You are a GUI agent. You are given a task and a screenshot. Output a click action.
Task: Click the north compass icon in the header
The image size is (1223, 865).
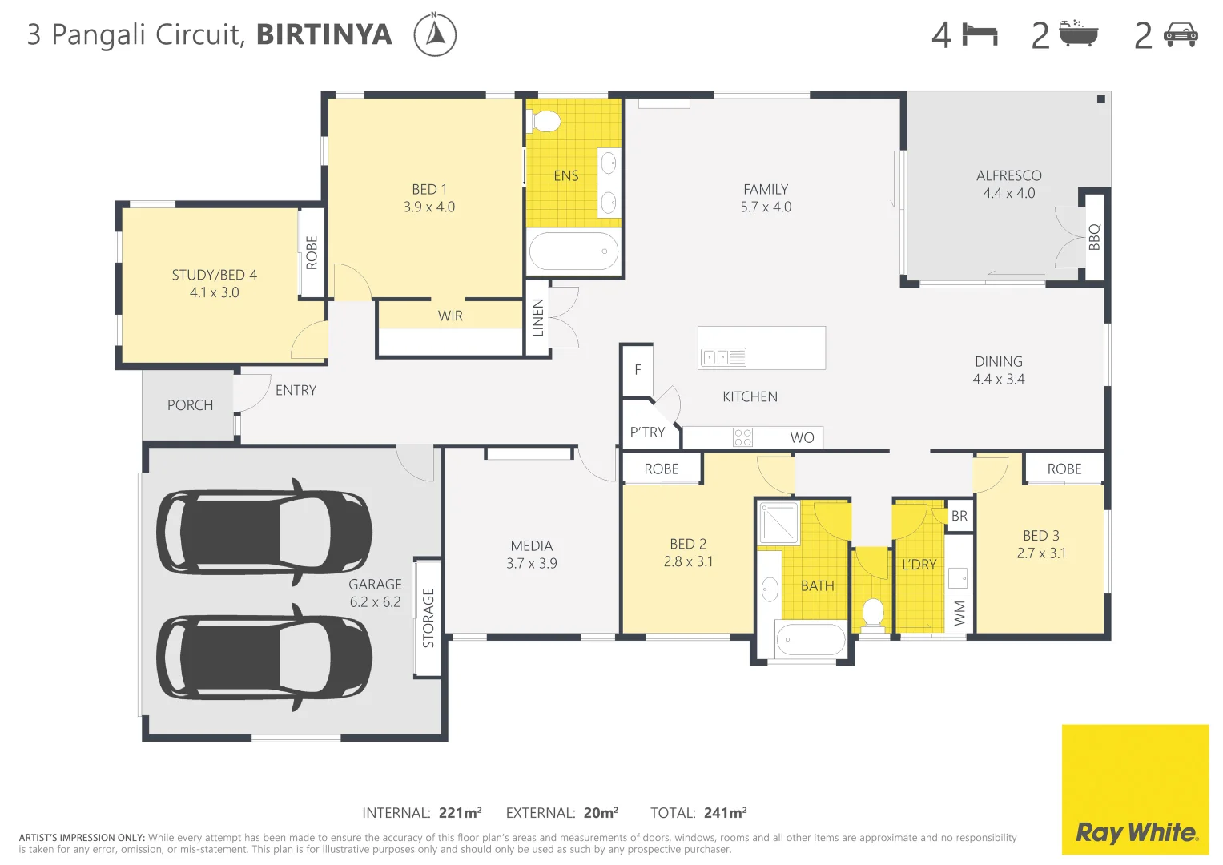coord(435,35)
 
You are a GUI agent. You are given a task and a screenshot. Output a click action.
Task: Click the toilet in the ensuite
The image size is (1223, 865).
coord(546,122)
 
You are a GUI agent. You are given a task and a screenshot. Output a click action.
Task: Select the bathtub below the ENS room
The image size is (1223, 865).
coord(573,251)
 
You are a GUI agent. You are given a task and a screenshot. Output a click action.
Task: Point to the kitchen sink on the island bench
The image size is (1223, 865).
coord(723,357)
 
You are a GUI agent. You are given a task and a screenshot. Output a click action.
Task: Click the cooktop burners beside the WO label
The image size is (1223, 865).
coord(742,437)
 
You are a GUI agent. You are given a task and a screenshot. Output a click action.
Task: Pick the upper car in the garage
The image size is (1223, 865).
coord(264,532)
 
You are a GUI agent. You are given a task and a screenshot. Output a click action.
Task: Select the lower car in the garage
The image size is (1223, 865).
coord(264,658)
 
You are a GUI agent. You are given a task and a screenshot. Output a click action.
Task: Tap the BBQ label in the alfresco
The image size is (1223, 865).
coord(1094,237)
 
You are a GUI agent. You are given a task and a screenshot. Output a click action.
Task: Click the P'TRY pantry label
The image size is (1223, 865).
coord(647,432)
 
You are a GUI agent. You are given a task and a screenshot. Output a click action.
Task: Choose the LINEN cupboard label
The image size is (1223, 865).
coord(538,317)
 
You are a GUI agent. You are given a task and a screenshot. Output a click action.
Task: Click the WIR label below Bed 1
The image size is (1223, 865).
coord(450,316)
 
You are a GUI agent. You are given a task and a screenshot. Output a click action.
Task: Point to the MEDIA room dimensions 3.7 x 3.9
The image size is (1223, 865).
coord(532,564)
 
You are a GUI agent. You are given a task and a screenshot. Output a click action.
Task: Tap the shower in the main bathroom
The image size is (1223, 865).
coord(778,523)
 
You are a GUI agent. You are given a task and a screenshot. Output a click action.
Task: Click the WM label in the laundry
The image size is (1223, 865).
coord(959,614)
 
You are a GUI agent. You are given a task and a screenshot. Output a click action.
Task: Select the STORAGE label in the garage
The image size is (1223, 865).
coord(428,618)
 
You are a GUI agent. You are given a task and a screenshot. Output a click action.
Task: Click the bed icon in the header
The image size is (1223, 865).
coord(980,35)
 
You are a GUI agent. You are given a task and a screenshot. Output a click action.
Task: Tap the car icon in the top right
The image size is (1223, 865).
coord(1181,35)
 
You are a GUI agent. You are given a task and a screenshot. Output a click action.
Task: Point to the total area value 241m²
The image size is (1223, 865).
coord(726,813)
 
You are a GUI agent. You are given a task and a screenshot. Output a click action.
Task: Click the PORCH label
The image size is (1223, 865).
coord(190,405)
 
